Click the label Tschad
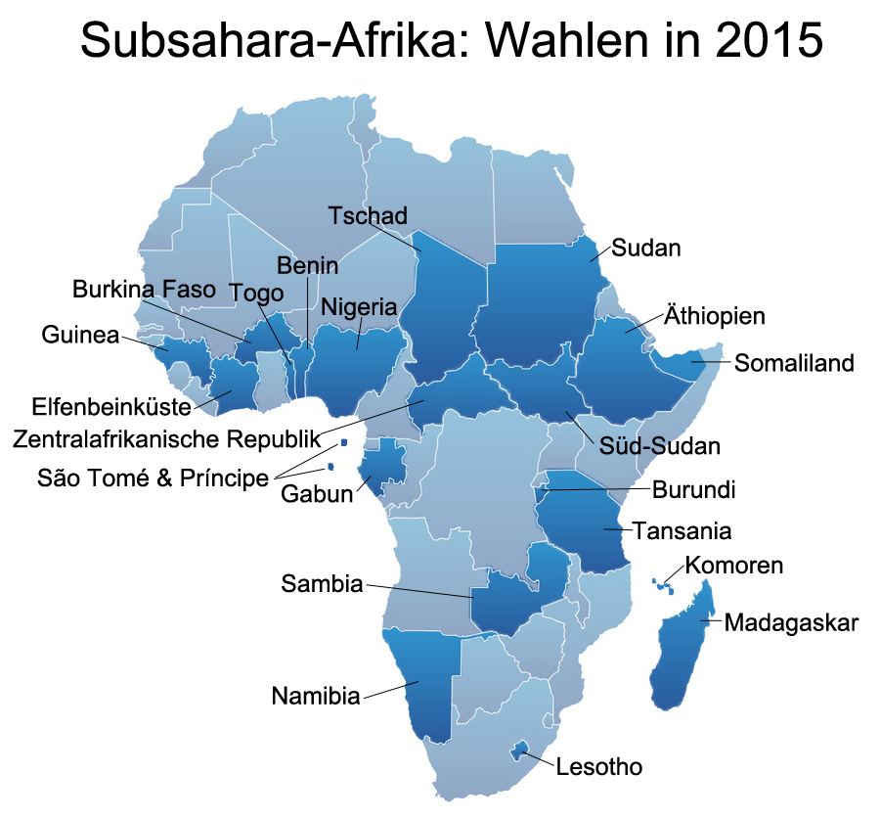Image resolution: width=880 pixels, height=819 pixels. click(367, 216)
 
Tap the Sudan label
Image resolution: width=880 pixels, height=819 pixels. click(645, 248)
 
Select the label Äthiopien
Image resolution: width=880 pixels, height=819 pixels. click(714, 317)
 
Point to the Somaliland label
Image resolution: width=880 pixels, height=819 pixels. click(794, 363)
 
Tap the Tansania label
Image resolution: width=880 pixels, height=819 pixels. click(682, 531)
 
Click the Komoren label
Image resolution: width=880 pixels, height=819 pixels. click(733, 566)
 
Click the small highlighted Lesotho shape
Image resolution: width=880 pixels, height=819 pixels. click(520, 751)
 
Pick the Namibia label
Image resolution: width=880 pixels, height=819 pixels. click(315, 697)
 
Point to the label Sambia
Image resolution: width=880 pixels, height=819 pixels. click(322, 584)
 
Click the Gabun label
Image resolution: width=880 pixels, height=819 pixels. click(316, 493)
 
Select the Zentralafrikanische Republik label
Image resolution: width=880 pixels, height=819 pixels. click(166, 437)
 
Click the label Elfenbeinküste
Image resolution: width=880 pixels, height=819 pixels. click(110, 405)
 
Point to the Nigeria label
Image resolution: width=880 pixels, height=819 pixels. click(359, 307)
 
